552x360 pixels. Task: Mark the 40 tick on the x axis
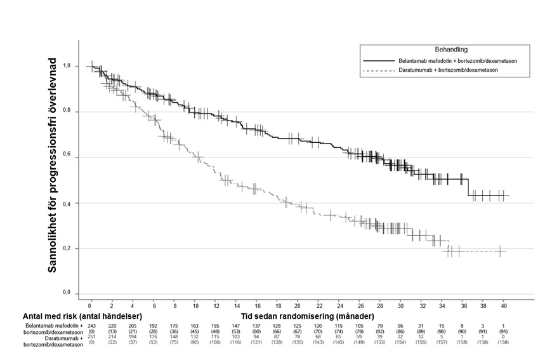pos(504,305)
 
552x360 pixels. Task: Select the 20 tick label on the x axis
pos(297,305)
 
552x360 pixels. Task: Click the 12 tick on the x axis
pos(214,305)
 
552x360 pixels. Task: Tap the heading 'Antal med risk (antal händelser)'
pos(82,316)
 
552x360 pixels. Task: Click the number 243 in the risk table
pos(91,325)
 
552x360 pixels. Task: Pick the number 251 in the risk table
pos(91,336)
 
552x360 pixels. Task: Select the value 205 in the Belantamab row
pos(133,325)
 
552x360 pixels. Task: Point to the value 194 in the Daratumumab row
pos(133,336)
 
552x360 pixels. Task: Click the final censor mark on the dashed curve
pos(501,251)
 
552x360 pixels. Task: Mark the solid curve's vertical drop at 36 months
pos(468,189)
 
